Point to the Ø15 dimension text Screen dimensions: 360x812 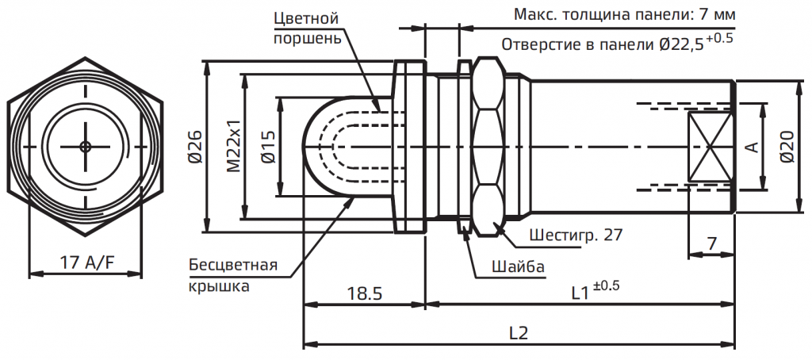click(x=267, y=147)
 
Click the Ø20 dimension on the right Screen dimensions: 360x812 click(x=787, y=147)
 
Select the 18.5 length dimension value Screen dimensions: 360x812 click(x=364, y=293)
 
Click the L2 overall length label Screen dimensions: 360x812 click(x=519, y=333)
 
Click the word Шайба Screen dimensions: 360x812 click(x=516, y=266)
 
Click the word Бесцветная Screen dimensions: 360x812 click(x=233, y=265)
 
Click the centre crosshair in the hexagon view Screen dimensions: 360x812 click(x=85, y=147)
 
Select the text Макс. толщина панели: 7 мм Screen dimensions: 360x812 click(x=624, y=15)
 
